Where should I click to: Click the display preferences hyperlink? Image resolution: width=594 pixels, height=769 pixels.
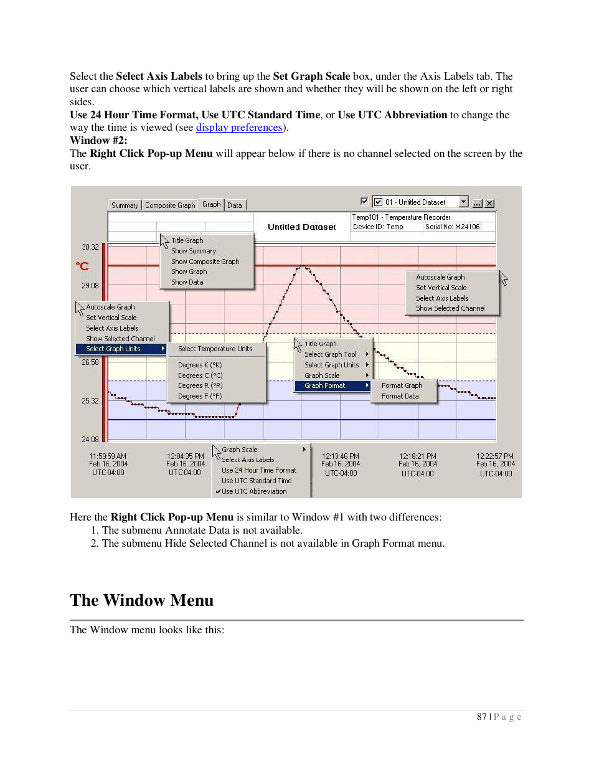[x=239, y=128]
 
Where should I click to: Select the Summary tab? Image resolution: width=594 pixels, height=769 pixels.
[x=125, y=205]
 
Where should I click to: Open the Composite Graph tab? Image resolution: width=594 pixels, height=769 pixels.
[x=170, y=205]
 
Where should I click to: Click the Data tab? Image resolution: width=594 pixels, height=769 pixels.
[x=235, y=205]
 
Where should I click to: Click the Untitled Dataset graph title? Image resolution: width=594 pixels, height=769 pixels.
[x=301, y=227]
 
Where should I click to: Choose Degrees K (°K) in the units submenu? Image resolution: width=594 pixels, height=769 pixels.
[x=200, y=365]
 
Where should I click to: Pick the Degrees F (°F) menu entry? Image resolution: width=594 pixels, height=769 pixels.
[x=200, y=396]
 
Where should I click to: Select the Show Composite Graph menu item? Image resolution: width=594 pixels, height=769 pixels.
[x=205, y=262]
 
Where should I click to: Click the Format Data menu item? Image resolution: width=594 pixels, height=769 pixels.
[x=400, y=396]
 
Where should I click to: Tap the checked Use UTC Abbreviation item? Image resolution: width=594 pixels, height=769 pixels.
[x=254, y=491]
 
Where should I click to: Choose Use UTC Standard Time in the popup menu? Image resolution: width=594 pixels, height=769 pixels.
[x=257, y=481]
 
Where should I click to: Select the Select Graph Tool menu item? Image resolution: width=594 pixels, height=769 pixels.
[x=331, y=354]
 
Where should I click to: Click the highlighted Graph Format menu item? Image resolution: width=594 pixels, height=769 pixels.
[x=325, y=385]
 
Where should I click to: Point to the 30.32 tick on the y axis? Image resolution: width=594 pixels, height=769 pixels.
[x=90, y=247]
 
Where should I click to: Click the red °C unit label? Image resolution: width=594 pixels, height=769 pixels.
[x=82, y=266]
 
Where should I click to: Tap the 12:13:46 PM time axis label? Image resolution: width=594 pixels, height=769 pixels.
[x=340, y=456]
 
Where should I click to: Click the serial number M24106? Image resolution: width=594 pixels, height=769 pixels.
[x=453, y=227]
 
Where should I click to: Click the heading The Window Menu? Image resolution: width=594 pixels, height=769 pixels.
[x=142, y=600]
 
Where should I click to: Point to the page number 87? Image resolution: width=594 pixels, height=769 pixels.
[x=481, y=717]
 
